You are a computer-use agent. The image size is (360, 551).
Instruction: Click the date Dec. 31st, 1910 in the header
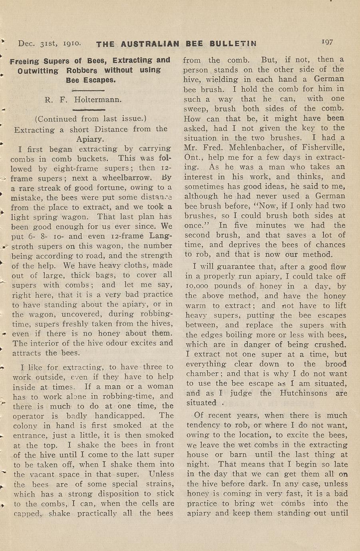coord(50,43)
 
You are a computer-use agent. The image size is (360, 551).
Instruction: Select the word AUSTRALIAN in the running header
coord(150,44)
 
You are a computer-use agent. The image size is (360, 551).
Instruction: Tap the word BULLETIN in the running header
coord(233,44)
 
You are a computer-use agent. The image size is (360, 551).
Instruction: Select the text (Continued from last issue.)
coord(91,119)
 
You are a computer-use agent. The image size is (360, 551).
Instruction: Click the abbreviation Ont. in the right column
coord(192,157)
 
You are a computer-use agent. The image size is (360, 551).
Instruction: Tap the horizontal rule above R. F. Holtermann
coord(90,91)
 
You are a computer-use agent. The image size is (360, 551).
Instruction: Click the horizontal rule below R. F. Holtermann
coord(90,109)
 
